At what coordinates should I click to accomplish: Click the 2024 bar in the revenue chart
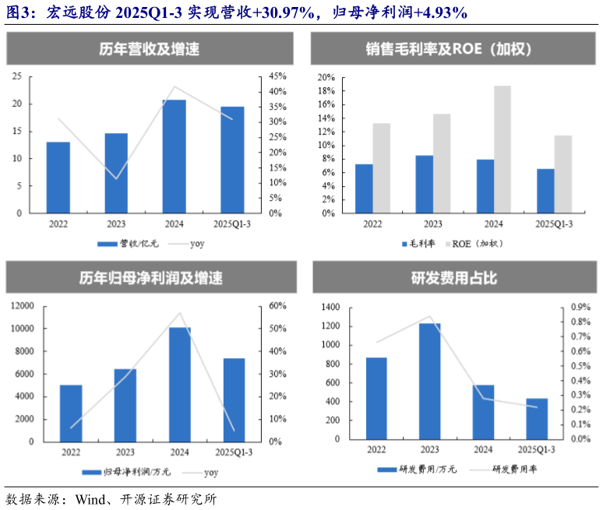pos(174,157)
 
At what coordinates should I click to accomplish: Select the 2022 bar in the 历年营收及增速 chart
pos(58,178)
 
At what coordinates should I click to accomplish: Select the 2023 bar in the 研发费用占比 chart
pos(430,381)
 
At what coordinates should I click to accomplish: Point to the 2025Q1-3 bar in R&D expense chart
pos(536,419)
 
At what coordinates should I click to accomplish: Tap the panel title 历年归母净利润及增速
pos(150,278)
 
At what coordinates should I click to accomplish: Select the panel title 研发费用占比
pos(453,278)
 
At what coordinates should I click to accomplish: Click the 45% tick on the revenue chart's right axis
pos(278,76)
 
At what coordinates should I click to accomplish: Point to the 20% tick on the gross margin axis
pos(326,78)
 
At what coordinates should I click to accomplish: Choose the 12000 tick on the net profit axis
pos(21,306)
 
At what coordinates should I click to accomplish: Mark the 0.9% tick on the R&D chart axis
pos(581,307)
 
